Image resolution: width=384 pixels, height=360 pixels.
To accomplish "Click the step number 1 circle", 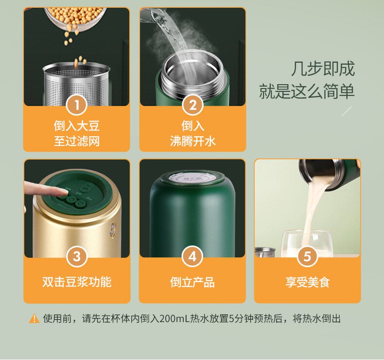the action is pyautogui.click(x=77, y=106).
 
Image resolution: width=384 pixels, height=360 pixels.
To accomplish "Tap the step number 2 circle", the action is pyautogui.click(x=193, y=106).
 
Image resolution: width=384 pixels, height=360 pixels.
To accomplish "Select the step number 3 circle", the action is pyautogui.click(x=77, y=256).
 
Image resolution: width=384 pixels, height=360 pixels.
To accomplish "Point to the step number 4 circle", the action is pyautogui.click(x=192, y=256).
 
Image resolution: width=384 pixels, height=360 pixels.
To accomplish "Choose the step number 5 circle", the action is pyautogui.click(x=307, y=256).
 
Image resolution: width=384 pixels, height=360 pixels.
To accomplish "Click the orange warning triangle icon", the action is pyautogui.click(x=34, y=319).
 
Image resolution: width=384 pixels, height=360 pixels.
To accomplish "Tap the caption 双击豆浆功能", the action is pyautogui.click(x=77, y=282).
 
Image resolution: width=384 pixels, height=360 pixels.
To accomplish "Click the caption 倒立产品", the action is pyautogui.click(x=192, y=282).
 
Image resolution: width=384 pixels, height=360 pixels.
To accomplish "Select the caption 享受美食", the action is pyautogui.click(x=308, y=282).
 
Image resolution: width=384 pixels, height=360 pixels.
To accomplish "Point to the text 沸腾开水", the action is pyautogui.click(x=193, y=141).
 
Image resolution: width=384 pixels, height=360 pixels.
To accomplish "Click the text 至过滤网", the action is pyautogui.click(x=77, y=141).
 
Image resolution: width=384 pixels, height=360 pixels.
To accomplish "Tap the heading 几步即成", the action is pyautogui.click(x=323, y=69).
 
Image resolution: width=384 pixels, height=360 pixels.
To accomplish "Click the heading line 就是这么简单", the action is pyautogui.click(x=307, y=91).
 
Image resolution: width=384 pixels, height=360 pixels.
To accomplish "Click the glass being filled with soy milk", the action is pyautogui.click(x=307, y=243).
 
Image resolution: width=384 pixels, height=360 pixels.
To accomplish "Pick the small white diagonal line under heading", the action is pyautogui.click(x=347, y=111).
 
